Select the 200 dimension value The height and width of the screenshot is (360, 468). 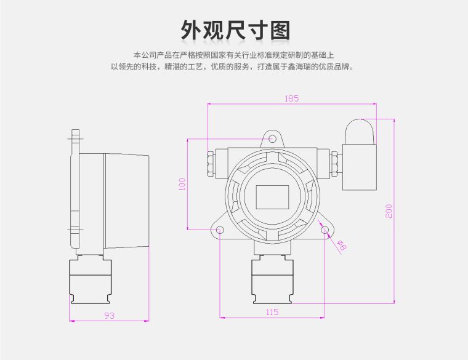pyautogui.click(x=389, y=211)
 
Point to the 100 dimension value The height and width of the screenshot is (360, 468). pyautogui.click(x=182, y=184)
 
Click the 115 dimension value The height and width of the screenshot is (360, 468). pyautogui.click(x=272, y=312)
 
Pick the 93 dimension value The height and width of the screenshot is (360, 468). pyautogui.click(x=109, y=315)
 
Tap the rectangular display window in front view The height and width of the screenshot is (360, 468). pyautogui.click(x=272, y=197)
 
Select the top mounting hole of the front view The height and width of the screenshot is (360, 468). pyautogui.click(x=272, y=140)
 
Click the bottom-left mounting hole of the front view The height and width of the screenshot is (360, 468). pyautogui.click(x=220, y=230)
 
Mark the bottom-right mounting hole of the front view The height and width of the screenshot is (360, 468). pyautogui.click(x=325, y=230)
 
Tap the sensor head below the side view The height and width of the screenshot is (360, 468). pyautogui.click(x=91, y=279)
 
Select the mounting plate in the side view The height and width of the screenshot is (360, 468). pyautogui.click(x=76, y=191)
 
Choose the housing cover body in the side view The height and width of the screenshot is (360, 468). pyautogui.click(x=126, y=200)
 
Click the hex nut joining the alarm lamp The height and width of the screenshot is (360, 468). pyautogui.click(x=336, y=164)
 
